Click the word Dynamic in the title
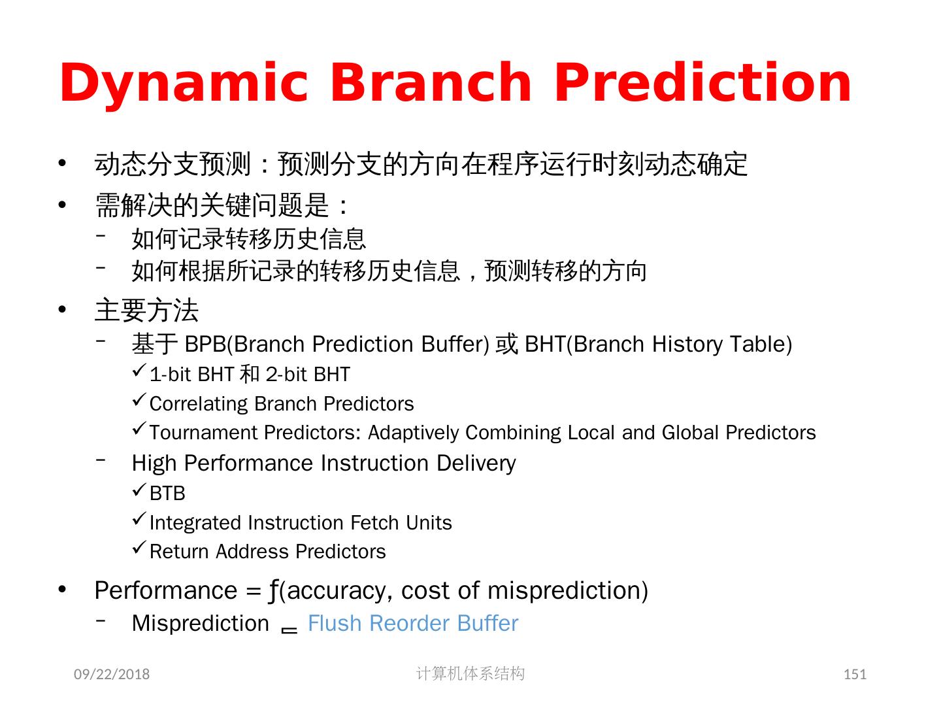(x=184, y=84)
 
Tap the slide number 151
(x=854, y=674)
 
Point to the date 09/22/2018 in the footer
(x=112, y=674)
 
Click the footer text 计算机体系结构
(x=470, y=673)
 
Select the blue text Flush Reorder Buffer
(x=413, y=623)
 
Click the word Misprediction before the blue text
(x=200, y=624)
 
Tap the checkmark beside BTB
(x=139, y=490)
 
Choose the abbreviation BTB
(x=168, y=494)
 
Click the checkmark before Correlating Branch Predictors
(x=139, y=400)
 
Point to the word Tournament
(x=203, y=433)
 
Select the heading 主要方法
(x=146, y=311)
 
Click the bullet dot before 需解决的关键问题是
(x=62, y=205)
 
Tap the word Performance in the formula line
(x=166, y=591)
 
